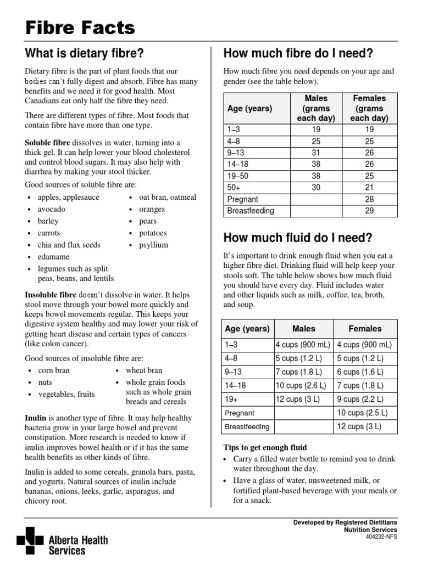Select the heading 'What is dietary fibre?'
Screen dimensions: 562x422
85,53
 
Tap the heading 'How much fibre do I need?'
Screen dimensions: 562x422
298,53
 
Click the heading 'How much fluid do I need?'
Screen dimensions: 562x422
297,238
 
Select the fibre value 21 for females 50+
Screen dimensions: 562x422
369,188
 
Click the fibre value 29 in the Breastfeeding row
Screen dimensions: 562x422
369,211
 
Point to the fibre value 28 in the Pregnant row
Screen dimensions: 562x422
369,199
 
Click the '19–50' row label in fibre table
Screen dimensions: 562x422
238,176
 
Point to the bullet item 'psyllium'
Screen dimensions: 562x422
154,245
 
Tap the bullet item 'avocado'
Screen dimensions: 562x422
51,209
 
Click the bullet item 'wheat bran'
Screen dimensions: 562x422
144,370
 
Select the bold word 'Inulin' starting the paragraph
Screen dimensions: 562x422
36,418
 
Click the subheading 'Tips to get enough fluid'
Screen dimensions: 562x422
265,447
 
